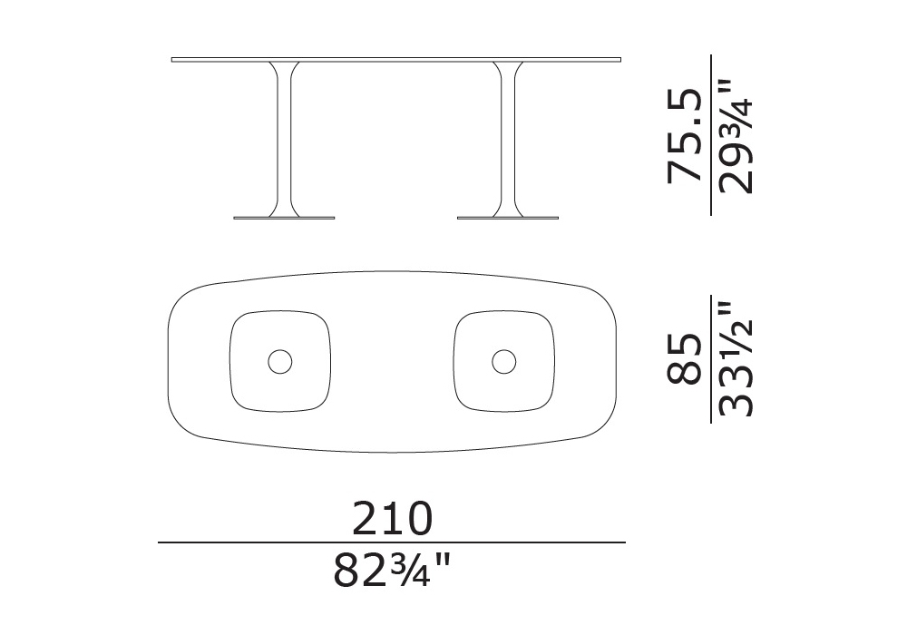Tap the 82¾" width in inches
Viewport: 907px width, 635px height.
tap(391, 570)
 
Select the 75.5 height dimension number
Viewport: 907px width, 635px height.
tap(685, 136)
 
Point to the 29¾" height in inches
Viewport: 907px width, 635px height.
tap(736, 136)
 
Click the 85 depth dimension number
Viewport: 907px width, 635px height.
tap(685, 358)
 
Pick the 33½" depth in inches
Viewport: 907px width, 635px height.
tap(736, 358)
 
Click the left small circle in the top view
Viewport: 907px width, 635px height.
tap(280, 361)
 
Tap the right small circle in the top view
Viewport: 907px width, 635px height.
tap(503, 361)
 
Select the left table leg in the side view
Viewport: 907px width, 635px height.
tap(283, 139)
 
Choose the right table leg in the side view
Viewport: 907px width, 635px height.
tap(508, 139)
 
